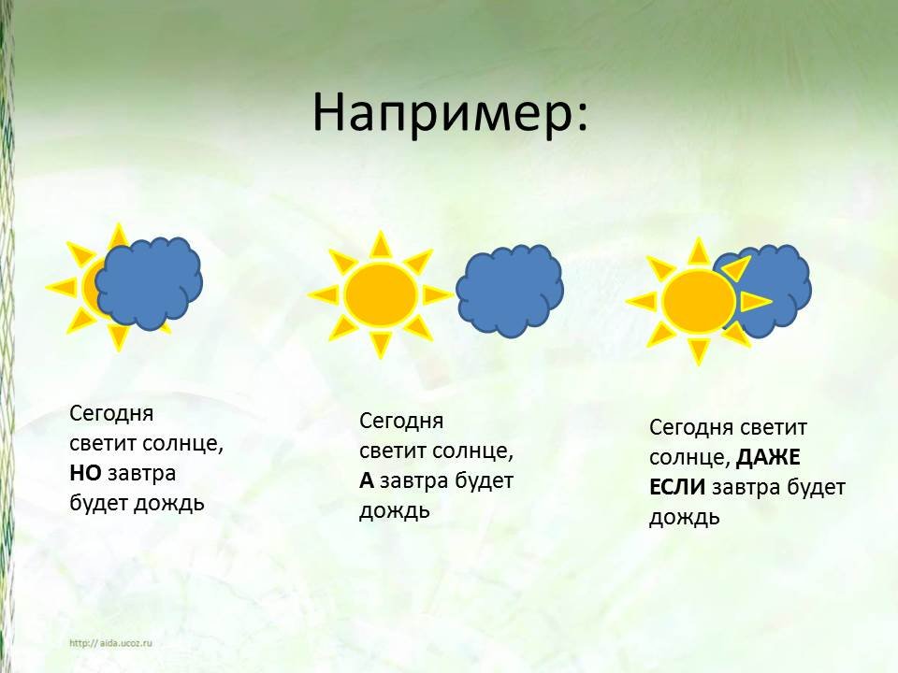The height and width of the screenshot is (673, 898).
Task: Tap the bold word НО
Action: pos(85,473)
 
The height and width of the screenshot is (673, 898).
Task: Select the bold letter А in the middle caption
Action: pos(367,480)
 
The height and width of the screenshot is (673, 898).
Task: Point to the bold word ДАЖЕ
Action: pos(768,457)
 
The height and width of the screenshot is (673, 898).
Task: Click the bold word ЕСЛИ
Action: pos(677,488)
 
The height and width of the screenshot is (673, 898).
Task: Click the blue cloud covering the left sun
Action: pos(149,283)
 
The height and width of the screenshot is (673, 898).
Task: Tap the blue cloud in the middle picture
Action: pos(510,291)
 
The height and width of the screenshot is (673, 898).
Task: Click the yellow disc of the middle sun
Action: pos(381,294)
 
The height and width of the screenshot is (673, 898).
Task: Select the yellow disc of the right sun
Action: pos(699,302)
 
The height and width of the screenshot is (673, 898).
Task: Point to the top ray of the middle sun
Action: pos(381,245)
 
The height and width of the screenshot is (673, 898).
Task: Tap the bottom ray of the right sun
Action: pos(698,351)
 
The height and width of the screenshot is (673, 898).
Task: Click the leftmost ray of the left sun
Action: pos(62,286)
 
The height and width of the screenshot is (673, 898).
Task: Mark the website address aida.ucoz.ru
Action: pos(110,643)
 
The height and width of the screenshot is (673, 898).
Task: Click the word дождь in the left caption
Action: pos(169,504)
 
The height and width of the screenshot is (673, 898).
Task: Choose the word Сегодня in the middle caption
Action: pos(401,422)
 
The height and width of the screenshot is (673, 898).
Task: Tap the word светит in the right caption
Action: pos(774,427)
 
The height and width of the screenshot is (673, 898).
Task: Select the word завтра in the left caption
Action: pos(141,473)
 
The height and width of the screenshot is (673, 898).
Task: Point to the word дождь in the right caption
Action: pos(685,518)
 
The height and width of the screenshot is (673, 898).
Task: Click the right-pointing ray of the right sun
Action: pos(756,301)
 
